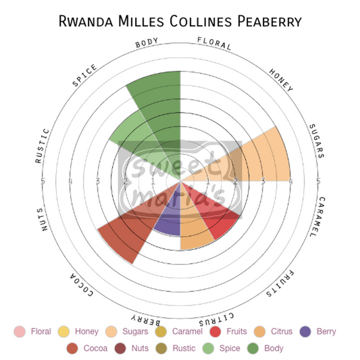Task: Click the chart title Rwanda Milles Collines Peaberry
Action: [x=180, y=20]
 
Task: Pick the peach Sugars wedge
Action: [x=260, y=159]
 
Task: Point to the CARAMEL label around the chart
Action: [x=313, y=216]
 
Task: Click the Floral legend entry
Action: [x=34, y=332]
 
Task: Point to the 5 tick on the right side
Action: [x=317, y=181]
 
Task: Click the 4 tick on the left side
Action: [x=70, y=181]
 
